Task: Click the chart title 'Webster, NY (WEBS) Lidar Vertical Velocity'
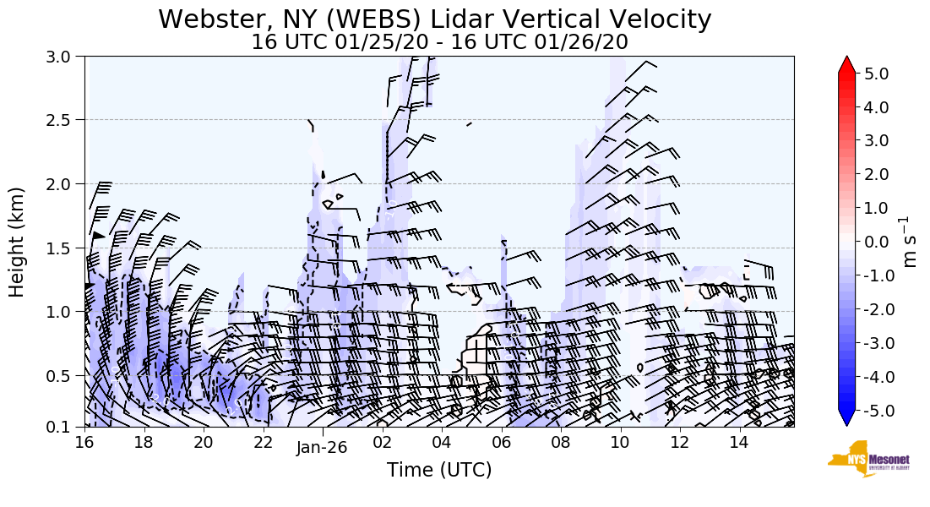[x=435, y=19]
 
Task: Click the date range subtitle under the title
[x=439, y=41]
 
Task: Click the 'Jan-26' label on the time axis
[x=322, y=449]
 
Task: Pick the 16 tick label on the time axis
[x=84, y=442]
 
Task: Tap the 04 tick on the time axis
[x=442, y=442]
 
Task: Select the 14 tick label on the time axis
[x=740, y=442]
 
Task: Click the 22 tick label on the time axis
[x=263, y=442]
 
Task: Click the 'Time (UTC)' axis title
[x=439, y=470]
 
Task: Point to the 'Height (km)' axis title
[x=18, y=242]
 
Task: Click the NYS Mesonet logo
[x=863, y=459]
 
